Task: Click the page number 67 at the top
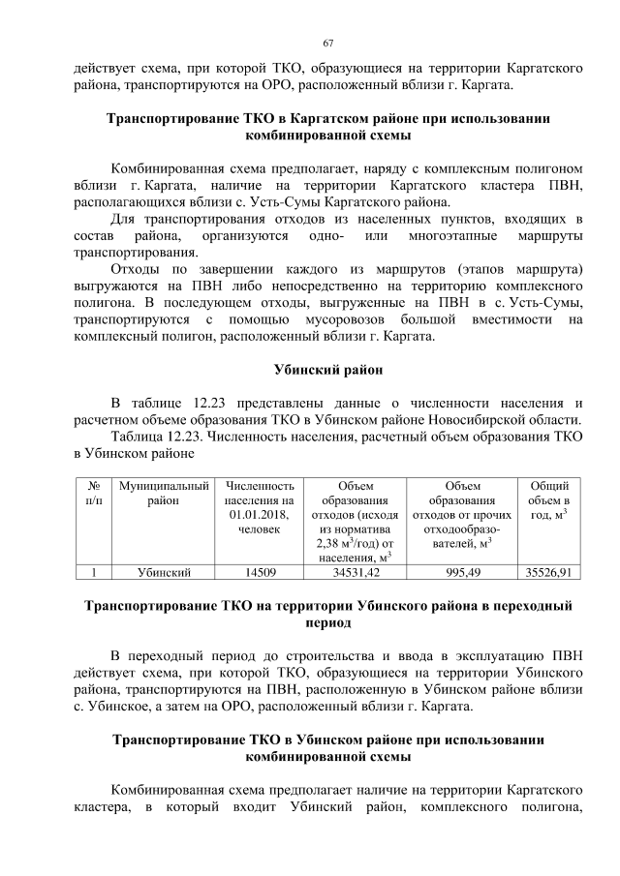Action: (328, 43)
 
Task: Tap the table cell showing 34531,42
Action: (353, 573)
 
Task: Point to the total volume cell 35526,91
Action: (549, 573)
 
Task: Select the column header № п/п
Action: (93, 493)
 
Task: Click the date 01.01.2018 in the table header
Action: (260, 514)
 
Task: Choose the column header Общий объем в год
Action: (549, 499)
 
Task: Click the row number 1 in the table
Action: (93, 573)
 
